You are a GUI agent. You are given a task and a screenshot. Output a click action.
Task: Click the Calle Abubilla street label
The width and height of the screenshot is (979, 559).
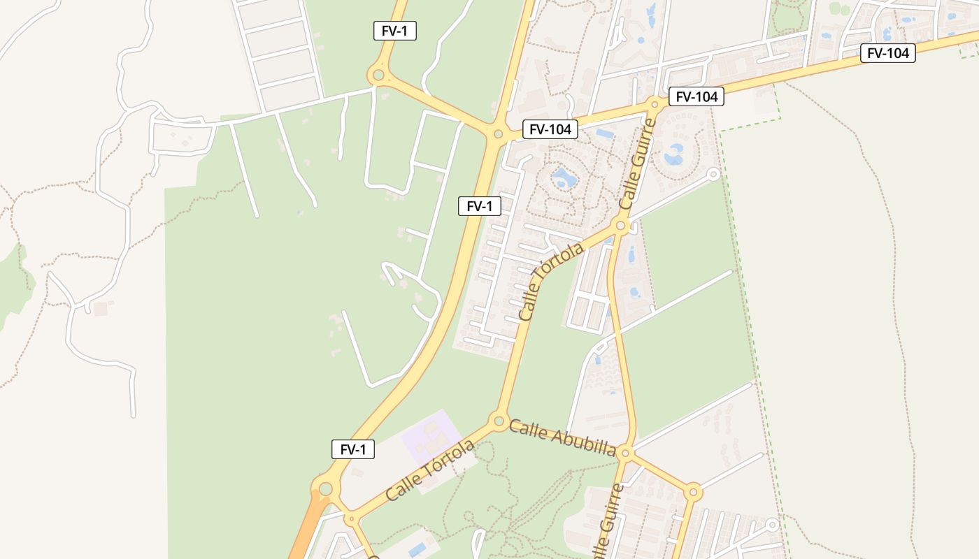(x=562, y=437)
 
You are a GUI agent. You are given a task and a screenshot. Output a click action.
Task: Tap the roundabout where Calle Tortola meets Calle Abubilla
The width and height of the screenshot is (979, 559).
(x=499, y=421)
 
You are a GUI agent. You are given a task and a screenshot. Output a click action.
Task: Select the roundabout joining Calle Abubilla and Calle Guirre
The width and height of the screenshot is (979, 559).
(x=626, y=453)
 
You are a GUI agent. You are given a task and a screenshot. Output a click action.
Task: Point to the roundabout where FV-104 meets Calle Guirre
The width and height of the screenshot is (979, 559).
(x=655, y=104)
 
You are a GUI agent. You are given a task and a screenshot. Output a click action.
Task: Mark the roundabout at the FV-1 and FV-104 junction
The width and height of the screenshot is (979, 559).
(x=498, y=133)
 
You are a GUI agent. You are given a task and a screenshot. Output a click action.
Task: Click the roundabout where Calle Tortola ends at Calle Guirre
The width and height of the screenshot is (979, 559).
(x=620, y=226)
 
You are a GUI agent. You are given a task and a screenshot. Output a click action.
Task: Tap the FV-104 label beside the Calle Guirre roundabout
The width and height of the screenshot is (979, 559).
(x=696, y=97)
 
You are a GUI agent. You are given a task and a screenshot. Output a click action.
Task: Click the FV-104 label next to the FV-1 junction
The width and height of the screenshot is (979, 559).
(x=550, y=129)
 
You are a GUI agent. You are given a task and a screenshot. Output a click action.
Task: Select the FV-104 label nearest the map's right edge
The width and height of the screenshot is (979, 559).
(x=887, y=53)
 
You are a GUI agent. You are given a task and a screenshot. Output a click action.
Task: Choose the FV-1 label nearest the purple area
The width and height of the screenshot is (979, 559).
(x=353, y=449)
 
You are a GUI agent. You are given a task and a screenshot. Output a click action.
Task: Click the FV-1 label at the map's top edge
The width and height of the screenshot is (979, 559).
(x=395, y=31)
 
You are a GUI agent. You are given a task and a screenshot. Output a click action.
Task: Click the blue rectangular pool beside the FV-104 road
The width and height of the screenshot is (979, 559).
(x=605, y=133)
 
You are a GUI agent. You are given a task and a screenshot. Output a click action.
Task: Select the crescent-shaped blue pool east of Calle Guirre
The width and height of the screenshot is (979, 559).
(x=674, y=154)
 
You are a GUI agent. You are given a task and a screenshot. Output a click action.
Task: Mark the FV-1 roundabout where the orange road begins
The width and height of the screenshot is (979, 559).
(x=325, y=488)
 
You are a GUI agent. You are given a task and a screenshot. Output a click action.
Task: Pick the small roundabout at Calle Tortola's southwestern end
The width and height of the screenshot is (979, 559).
(x=351, y=519)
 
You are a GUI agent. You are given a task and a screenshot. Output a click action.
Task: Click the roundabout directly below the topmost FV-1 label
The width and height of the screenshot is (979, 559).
(x=378, y=75)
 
